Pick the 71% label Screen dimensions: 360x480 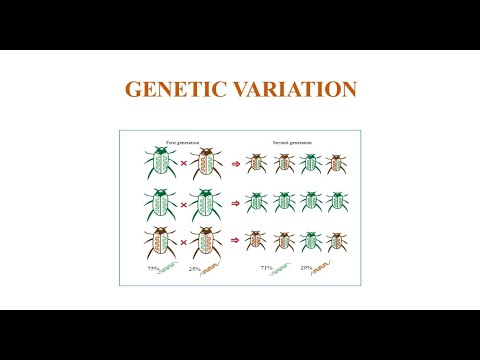tap(267, 269)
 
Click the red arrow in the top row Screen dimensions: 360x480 tap(236, 163)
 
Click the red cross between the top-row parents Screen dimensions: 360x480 tap(183, 165)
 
